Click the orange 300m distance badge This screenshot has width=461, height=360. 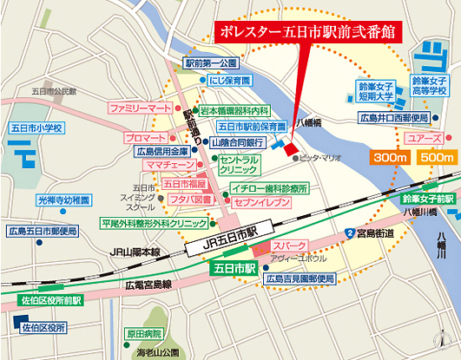tap(392, 158)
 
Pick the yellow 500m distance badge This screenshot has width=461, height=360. tap(436, 158)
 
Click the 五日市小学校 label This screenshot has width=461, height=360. tap(36, 128)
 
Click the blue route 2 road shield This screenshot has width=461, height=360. tap(349, 233)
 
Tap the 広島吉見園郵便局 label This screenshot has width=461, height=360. tap(300, 278)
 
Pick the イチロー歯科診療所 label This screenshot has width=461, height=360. tap(271, 187)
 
